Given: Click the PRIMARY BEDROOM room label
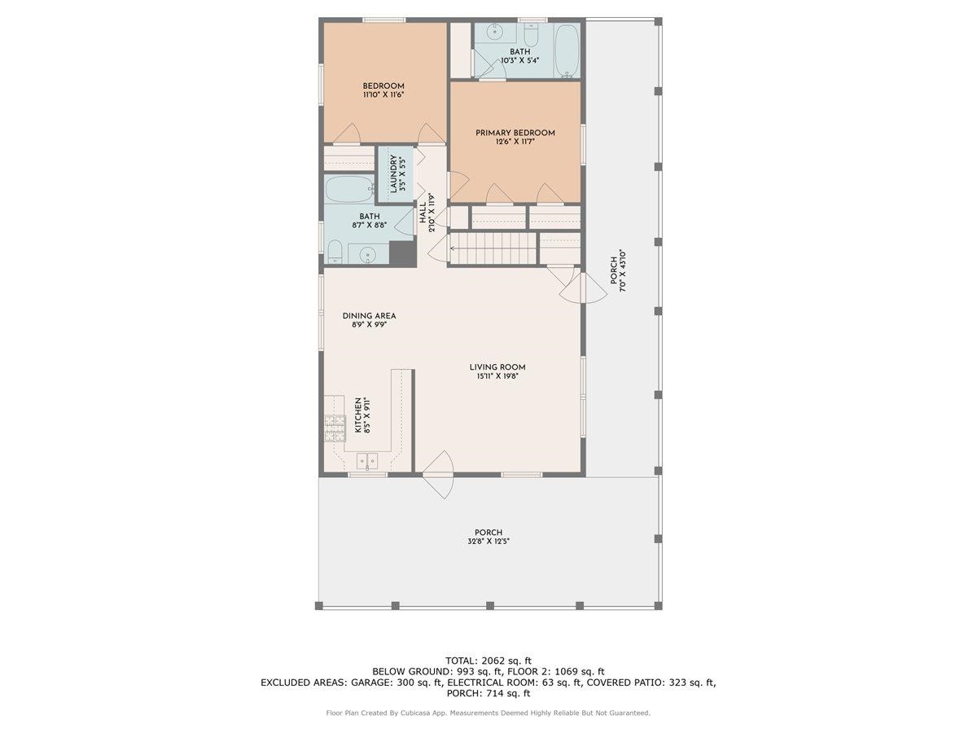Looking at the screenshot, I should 515,133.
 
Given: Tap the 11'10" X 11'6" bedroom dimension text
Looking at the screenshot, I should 383,95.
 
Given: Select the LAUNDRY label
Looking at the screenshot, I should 393,173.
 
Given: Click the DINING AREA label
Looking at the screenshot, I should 369,316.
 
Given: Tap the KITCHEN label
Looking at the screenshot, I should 357,415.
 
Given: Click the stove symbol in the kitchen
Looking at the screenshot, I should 335,424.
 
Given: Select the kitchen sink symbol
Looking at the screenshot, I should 367,460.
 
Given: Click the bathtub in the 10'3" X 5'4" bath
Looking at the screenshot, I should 567,50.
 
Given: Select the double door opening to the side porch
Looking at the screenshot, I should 581,286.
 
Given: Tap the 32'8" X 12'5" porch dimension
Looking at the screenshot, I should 488,542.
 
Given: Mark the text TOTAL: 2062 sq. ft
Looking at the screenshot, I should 488,660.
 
